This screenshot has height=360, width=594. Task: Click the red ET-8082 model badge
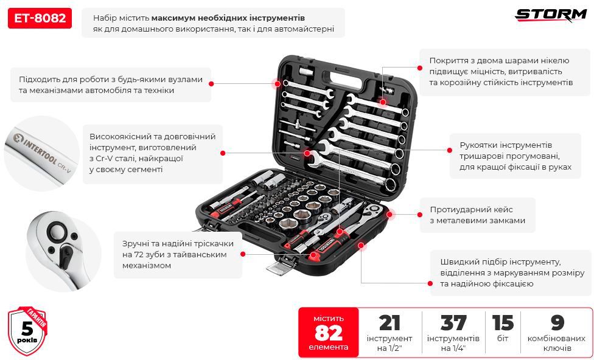tap(40, 18)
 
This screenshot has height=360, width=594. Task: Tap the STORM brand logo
tap(550, 15)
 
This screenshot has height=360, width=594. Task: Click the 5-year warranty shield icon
tap(27, 331)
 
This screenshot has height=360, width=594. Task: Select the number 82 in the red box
tap(329, 333)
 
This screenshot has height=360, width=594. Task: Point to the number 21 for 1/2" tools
tap(390, 324)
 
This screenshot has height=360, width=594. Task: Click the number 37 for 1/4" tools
tap(453, 324)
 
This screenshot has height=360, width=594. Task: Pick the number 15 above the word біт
tap(503, 324)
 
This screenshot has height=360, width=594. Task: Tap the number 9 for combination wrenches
tap(557, 324)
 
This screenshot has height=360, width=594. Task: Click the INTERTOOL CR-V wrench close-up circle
tap(41, 153)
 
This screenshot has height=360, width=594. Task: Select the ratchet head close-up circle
tap(63, 251)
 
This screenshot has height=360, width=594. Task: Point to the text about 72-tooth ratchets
tap(178, 254)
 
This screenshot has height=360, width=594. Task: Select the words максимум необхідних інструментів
tap(228, 18)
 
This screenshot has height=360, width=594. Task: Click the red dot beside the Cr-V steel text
tap(223, 153)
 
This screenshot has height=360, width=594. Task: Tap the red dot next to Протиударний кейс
tap(420, 215)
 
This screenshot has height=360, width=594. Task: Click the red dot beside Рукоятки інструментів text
tap(450, 150)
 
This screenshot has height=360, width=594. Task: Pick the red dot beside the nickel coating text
tap(420, 67)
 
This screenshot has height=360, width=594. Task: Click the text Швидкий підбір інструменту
tap(500, 262)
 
